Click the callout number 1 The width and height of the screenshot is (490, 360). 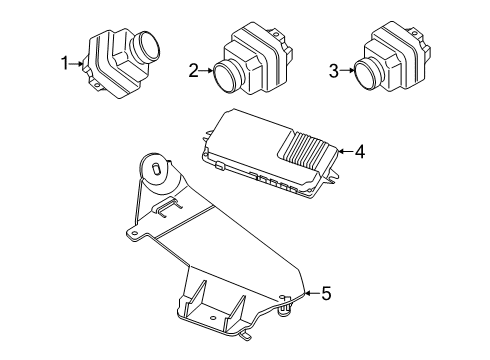(65, 63)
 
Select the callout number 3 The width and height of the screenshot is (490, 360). (334, 71)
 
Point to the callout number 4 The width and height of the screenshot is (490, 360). (359, 153)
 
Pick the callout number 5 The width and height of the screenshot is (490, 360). (325, 293)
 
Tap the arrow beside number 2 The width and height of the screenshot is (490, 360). (204, 71)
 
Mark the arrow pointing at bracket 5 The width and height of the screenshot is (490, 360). (310, 293)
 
